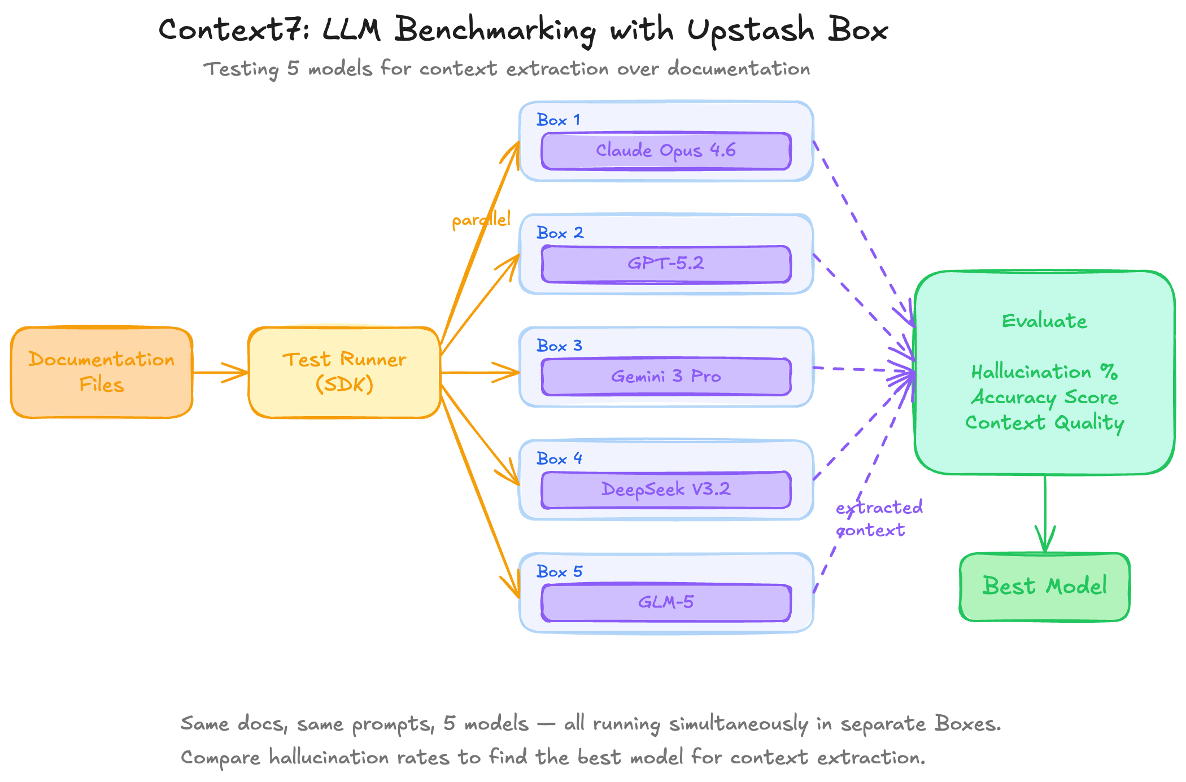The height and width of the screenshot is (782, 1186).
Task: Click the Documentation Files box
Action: pos(102,372)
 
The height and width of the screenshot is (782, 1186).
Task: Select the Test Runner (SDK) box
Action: pos(345,372)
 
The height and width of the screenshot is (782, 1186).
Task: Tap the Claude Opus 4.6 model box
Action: pos(666,151)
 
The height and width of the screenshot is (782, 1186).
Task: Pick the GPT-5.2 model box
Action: pos(666,264)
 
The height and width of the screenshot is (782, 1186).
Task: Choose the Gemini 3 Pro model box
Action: pos(666,377)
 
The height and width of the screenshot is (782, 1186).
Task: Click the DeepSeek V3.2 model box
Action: pos(666,490)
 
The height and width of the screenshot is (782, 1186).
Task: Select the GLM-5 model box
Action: pos(666,602)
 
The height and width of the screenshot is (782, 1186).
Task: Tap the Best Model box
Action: pos(1044,587)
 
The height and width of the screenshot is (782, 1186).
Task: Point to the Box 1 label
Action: pos(558,120)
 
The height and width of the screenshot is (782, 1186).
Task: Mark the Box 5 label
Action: pos(559,571)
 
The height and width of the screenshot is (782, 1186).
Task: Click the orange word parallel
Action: pos(481,220)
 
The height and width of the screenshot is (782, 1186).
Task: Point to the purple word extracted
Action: pos(879,508)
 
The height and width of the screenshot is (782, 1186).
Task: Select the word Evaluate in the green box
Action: pos(1044,321)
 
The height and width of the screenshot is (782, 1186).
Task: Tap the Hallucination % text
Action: pos(1044,372)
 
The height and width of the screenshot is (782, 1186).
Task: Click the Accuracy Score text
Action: pos(1044,397)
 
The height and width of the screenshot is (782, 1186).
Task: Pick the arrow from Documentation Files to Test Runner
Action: pos(220,372)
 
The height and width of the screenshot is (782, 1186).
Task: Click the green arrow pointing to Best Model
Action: pos(1045,514)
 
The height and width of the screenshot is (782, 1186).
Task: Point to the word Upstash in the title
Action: pos(751,29)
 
